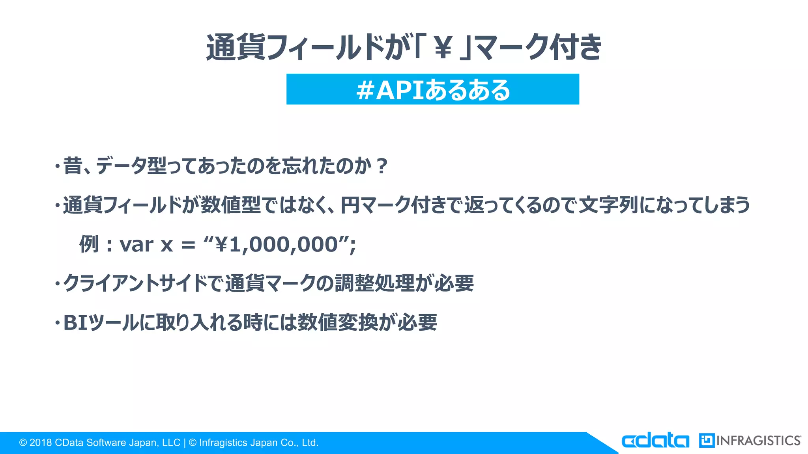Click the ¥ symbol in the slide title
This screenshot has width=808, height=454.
443,48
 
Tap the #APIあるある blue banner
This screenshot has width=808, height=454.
432,89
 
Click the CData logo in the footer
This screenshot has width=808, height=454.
655,441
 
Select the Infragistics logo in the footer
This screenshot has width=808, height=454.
750,441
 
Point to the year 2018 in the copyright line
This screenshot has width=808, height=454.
41,443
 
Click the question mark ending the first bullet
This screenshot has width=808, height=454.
382,166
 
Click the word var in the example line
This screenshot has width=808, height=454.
137,245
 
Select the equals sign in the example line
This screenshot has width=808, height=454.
188,245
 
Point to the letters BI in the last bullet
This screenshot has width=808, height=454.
75,323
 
